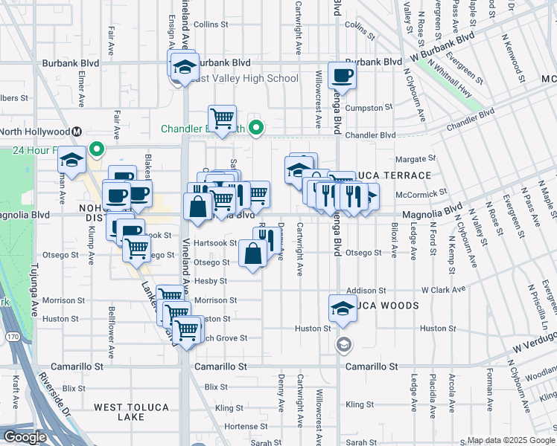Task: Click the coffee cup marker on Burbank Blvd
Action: pos(342,75)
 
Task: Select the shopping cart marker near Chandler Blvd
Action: pos(222,118)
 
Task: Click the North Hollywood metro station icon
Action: pos(76,132)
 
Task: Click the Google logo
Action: pos(25,437)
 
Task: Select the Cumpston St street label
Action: pos(364,108)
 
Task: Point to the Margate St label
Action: pos(415,159)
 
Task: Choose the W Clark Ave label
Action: pos(442,289)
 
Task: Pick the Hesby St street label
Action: pos(211,281)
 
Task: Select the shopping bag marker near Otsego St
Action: pos(253,254)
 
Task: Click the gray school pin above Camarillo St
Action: pos(343,343)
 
